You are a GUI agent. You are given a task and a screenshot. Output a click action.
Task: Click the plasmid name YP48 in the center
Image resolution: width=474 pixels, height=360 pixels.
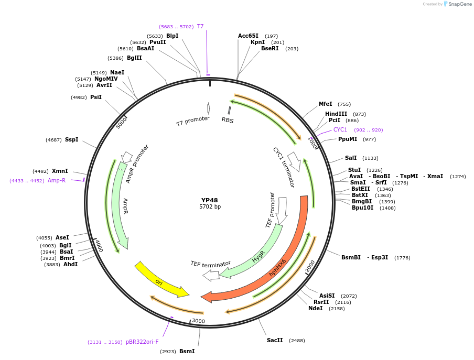210,200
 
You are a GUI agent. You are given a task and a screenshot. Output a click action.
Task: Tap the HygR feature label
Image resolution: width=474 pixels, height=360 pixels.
258,257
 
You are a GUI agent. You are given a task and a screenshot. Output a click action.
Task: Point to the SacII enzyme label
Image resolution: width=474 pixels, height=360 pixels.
275,340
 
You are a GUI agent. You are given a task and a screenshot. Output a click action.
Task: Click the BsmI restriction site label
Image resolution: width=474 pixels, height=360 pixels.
187,351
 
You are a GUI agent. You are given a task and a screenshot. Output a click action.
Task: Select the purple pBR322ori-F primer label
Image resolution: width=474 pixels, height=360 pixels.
142,342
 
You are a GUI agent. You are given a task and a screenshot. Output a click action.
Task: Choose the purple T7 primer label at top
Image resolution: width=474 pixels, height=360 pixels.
200,26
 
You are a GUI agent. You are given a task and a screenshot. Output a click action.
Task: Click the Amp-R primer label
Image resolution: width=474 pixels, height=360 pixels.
57,180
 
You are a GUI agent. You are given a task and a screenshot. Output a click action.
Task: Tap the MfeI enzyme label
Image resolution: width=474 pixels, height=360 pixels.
326,104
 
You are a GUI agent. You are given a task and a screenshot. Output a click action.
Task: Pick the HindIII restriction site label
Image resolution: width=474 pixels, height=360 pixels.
336,114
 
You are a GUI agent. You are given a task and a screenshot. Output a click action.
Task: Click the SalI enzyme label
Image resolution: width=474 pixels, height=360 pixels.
351,158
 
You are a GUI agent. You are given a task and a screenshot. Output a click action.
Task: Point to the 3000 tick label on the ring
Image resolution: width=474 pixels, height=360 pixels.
198,321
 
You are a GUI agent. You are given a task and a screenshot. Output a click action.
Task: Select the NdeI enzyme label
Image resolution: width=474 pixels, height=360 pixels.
316,309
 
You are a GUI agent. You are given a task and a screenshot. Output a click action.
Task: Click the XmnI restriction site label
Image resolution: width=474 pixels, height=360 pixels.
60,171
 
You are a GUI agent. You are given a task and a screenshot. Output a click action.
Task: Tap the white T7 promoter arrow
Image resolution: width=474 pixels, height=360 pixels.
209,108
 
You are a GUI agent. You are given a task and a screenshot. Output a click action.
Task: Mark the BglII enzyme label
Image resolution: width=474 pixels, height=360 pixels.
134,58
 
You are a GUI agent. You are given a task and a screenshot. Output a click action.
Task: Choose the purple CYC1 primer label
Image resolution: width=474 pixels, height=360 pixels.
340,129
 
